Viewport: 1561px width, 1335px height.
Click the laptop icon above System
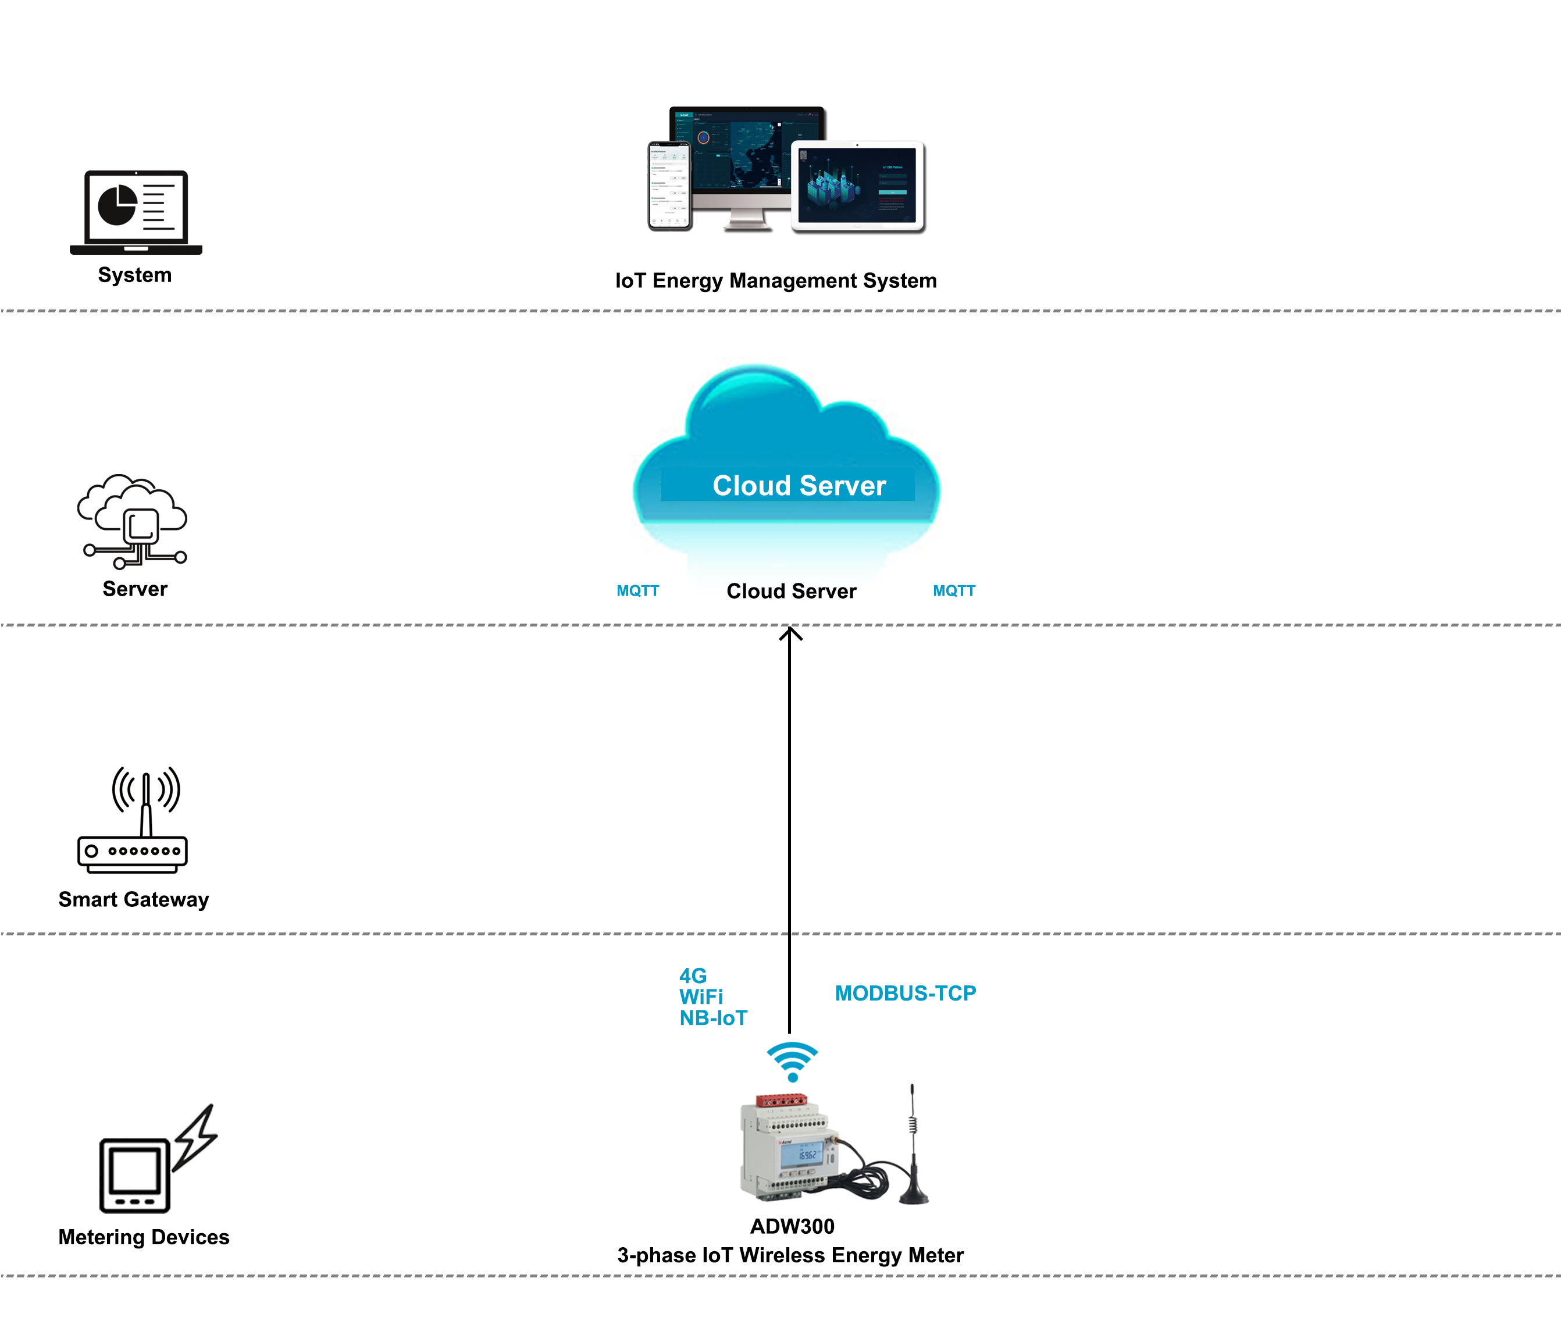pos(136,212)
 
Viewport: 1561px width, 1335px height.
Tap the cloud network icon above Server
pos(133,521)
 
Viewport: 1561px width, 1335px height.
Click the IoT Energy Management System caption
pos(776,281)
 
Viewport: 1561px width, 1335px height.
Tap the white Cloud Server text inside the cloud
pos(799,486)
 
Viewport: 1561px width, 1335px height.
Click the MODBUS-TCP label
pos(905,994)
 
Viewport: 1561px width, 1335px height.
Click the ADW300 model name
pos(792,1226)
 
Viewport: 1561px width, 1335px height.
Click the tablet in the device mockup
pos(857,187)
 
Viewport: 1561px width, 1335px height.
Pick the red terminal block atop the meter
pos(781,1101)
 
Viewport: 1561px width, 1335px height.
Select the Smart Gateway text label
pos(133,899)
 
